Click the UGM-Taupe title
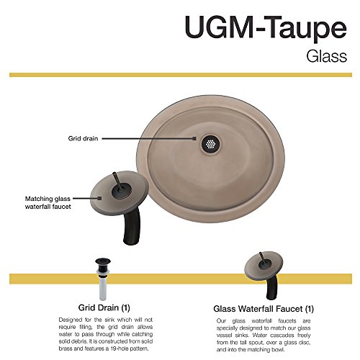pyautogui.click(x=266, y=28)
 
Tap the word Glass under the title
pyautogui.click(x=327, y=57)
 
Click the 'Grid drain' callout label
pyautogui.click(x=83, y=138)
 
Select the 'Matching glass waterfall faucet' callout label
pyautogui.click(x=48, y=202)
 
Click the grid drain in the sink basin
pyautogui.click(x=210, y=144)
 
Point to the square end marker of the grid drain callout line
pyautogui.click(x=194, y=138)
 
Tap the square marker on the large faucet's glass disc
pyautogui.click(x=99, y=198)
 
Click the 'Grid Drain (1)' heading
pyautogui.click(x=104, y=307)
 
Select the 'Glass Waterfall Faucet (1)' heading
pyautogui.click(x=264, y=309)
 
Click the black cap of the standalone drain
pyautogui.click(x=103, y=264)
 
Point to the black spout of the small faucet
pyautogui.click(x=272, y=287)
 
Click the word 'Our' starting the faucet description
pyautogui.click(x=221, y=321)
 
